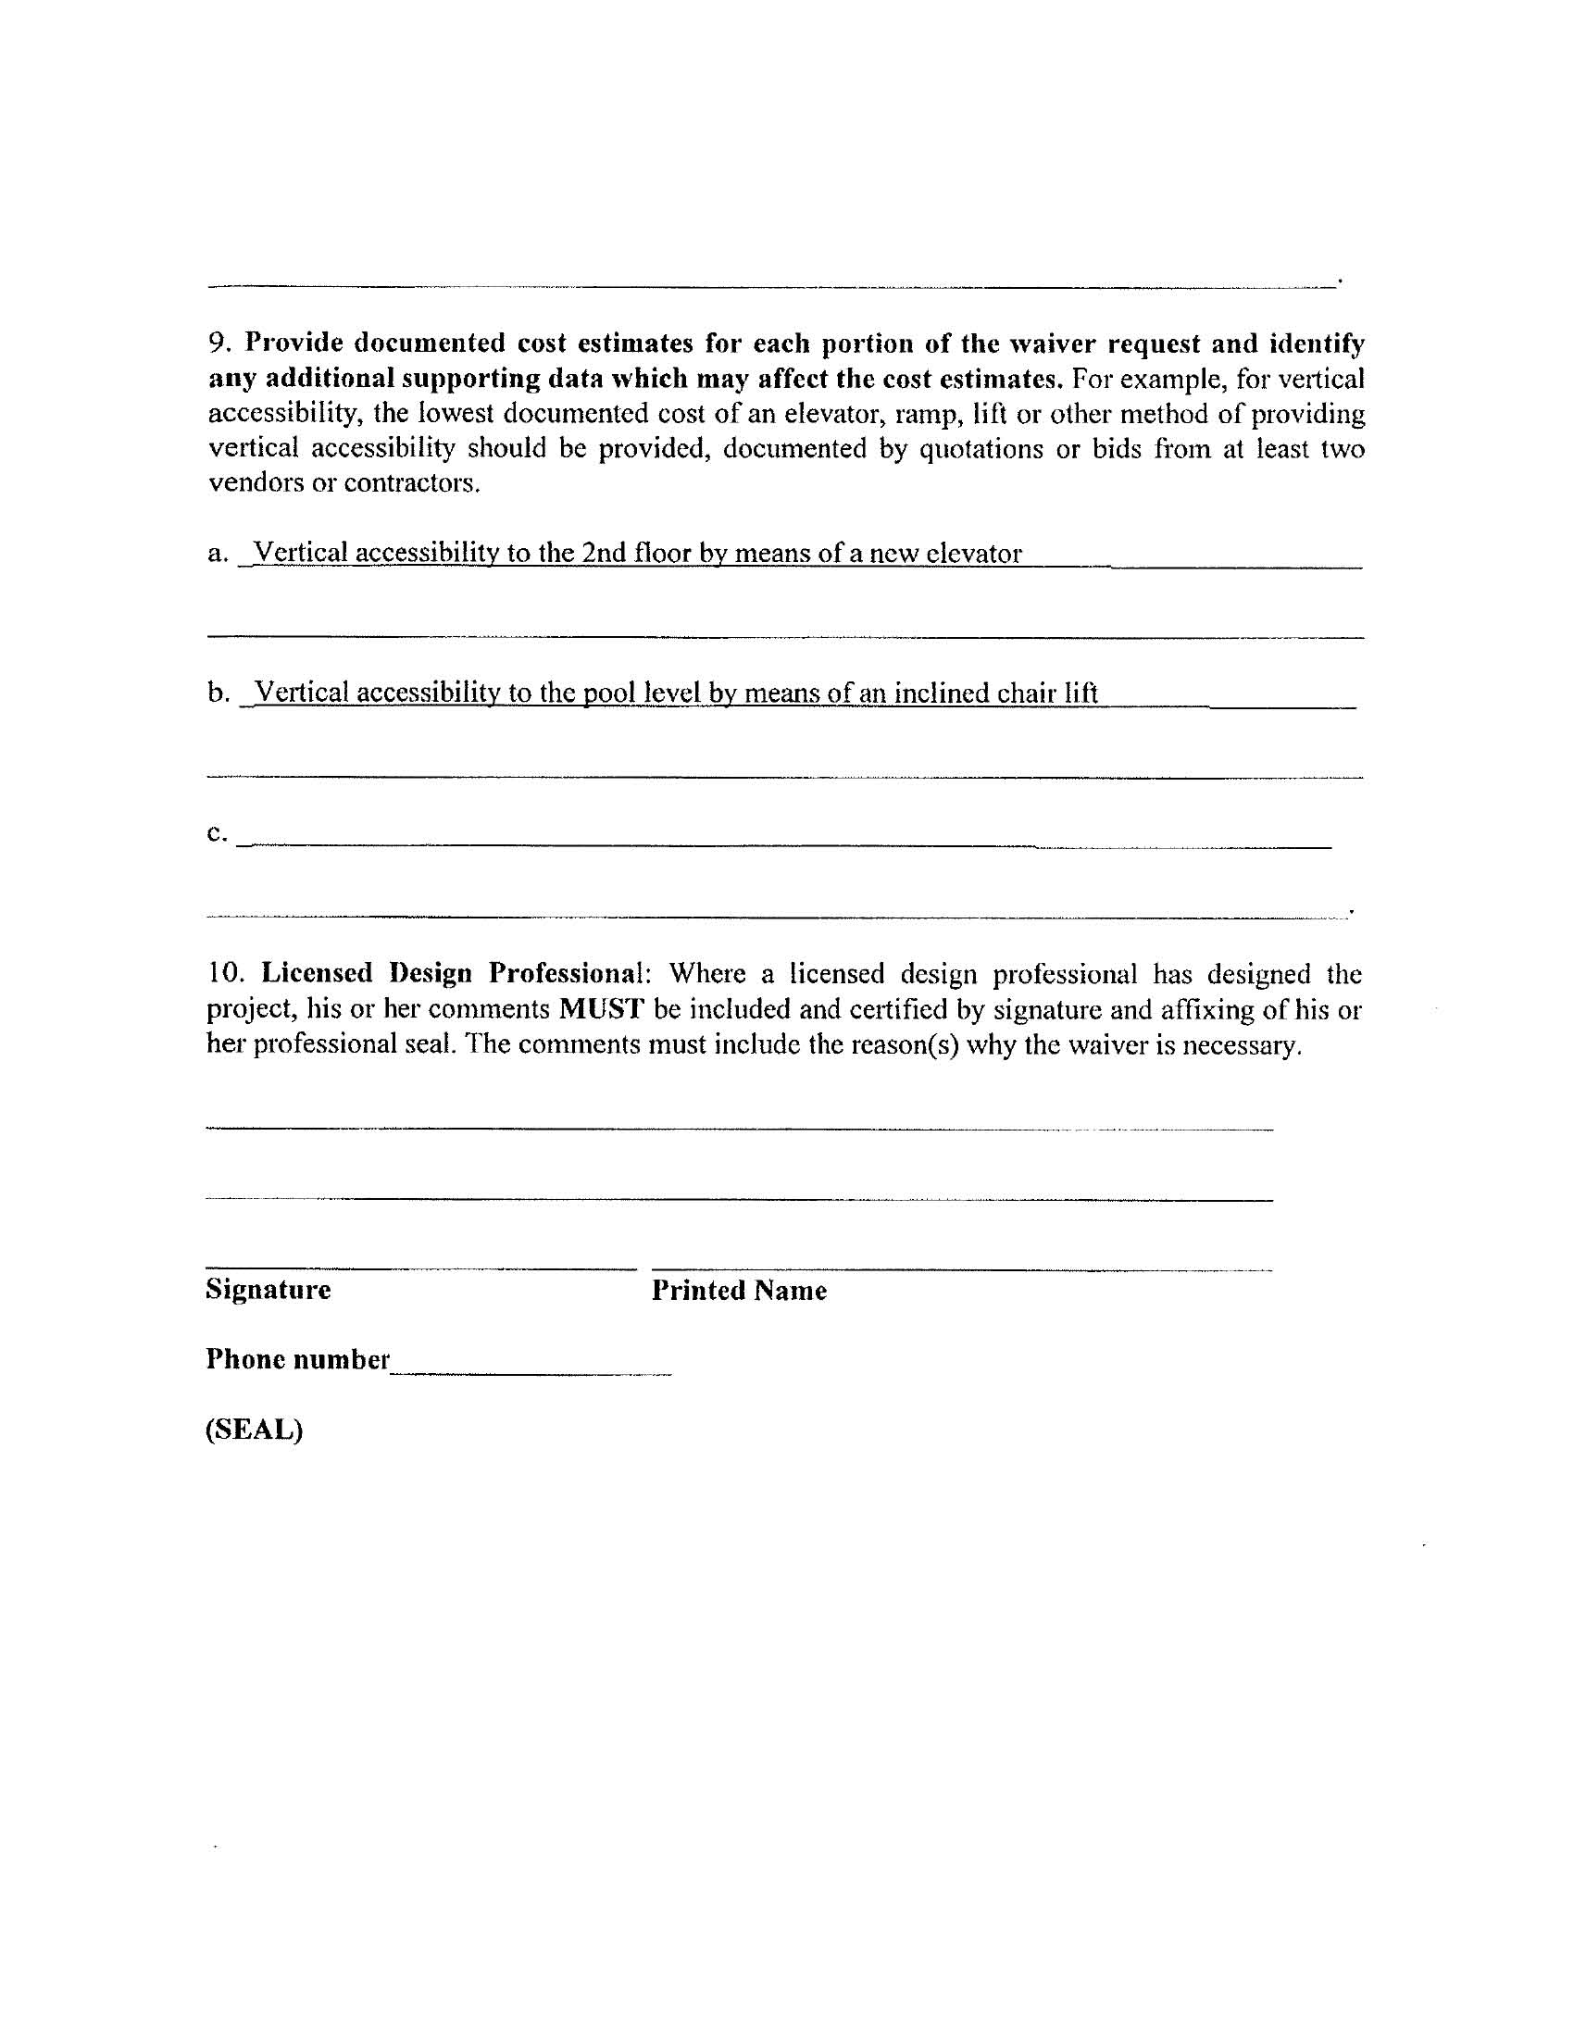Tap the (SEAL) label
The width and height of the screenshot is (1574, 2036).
[x=255, y=1430]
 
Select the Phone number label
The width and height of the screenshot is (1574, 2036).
[x=297, y=1359]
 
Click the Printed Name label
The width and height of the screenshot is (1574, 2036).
[x=739, y=1291]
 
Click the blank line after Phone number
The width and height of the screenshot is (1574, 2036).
[x=531, y=1370]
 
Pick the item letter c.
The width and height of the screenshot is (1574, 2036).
[x=216, y=832]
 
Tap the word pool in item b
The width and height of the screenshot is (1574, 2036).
[x=604, y=693]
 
